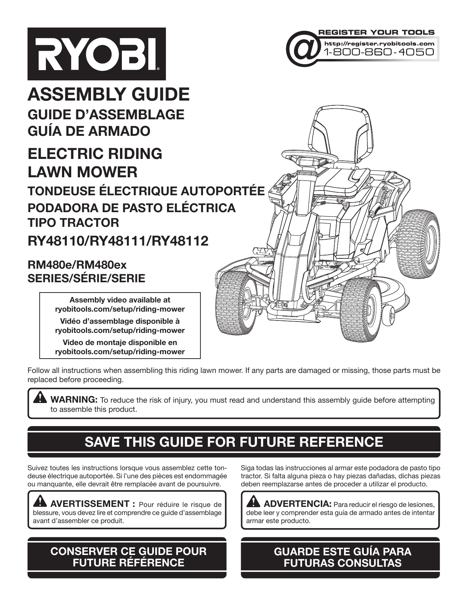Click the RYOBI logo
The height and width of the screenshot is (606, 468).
[97, 54]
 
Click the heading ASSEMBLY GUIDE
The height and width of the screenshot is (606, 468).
[109, 94]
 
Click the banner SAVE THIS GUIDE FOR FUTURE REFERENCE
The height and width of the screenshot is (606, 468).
[234, 442]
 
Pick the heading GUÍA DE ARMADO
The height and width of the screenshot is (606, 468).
[89, 131]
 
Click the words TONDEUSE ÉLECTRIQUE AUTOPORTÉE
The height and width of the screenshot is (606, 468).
[146, 191]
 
